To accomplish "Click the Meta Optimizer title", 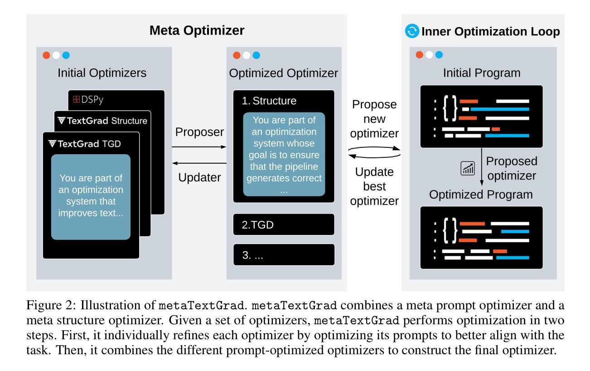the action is [197, 31].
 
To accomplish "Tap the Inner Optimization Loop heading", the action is [491, 32].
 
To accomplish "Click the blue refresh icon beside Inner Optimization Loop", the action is [412, 31].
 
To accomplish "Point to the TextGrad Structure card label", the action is [102, 121].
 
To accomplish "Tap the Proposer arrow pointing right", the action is [199, 147].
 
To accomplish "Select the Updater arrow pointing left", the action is [199, 163].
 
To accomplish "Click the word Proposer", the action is [199, 133].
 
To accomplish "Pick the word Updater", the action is [199, 177].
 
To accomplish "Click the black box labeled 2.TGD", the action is [284, 225].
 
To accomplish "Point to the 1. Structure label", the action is [269, 101].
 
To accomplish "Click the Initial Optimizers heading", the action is [102, 73].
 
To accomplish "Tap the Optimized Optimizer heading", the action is [284, 73].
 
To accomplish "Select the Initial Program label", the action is [482, 73].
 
